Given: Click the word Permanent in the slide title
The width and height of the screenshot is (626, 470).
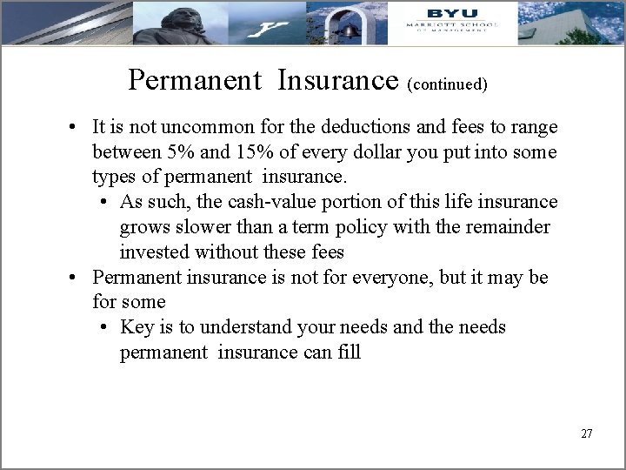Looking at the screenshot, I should click(195, 80).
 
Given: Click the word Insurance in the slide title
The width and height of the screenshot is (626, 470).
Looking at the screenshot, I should click(338, 80).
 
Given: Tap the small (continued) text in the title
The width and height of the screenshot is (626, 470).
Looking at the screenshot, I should click(447, 84).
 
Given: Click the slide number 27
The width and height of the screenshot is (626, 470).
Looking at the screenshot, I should click(586, 433).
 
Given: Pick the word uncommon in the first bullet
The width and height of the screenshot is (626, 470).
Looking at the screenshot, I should click(191, 127).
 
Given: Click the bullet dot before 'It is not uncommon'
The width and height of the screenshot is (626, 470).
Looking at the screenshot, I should click(76, 128).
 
